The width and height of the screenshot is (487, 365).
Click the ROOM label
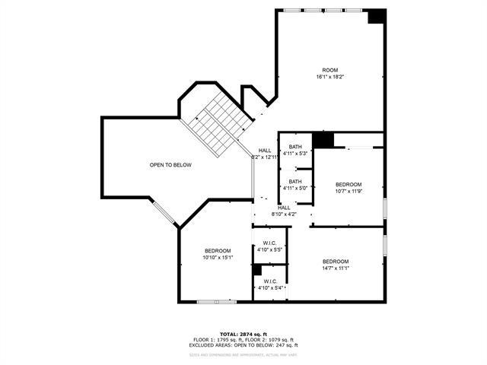coord(329,70)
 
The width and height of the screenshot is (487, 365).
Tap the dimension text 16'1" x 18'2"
coord(329,77)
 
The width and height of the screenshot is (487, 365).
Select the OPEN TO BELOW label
coord(170,165)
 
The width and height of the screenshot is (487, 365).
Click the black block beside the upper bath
coord(323,140)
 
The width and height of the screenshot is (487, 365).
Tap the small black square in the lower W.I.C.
coord(257,269)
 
